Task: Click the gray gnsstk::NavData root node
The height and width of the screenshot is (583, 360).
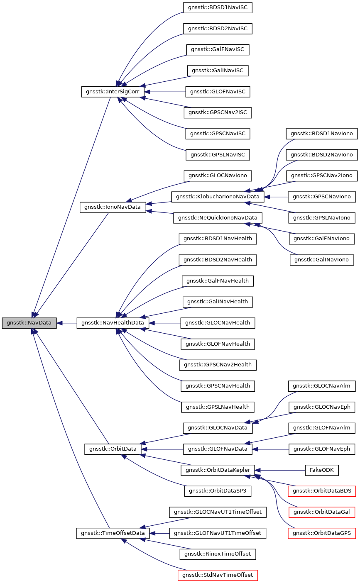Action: point(29,323)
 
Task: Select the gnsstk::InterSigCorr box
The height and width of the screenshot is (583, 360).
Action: point(113,92)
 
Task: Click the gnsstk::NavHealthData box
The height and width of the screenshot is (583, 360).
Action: point(113,323)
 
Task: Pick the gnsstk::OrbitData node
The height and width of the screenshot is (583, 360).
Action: point(113,449)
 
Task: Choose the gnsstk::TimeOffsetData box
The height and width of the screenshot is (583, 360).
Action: point(113,533)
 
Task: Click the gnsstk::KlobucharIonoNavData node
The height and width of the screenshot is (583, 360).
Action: point(218,196)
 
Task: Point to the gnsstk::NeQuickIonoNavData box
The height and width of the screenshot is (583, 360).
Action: point(218,217)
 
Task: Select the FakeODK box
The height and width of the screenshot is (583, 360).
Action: point(322,470)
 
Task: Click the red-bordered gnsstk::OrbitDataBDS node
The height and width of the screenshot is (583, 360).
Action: point(322,491)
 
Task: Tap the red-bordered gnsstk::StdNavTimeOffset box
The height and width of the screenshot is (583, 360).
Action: point(218,575)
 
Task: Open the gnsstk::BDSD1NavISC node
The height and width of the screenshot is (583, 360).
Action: point(218,7)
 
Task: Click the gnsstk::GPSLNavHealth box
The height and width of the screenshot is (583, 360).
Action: point(218,407)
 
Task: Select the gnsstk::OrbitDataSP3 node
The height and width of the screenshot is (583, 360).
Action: point(218,491)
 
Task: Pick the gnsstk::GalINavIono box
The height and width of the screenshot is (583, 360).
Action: point(322,260)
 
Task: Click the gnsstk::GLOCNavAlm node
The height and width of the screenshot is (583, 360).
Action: point(322,386)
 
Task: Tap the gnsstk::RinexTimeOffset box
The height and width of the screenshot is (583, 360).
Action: point(218,554)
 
